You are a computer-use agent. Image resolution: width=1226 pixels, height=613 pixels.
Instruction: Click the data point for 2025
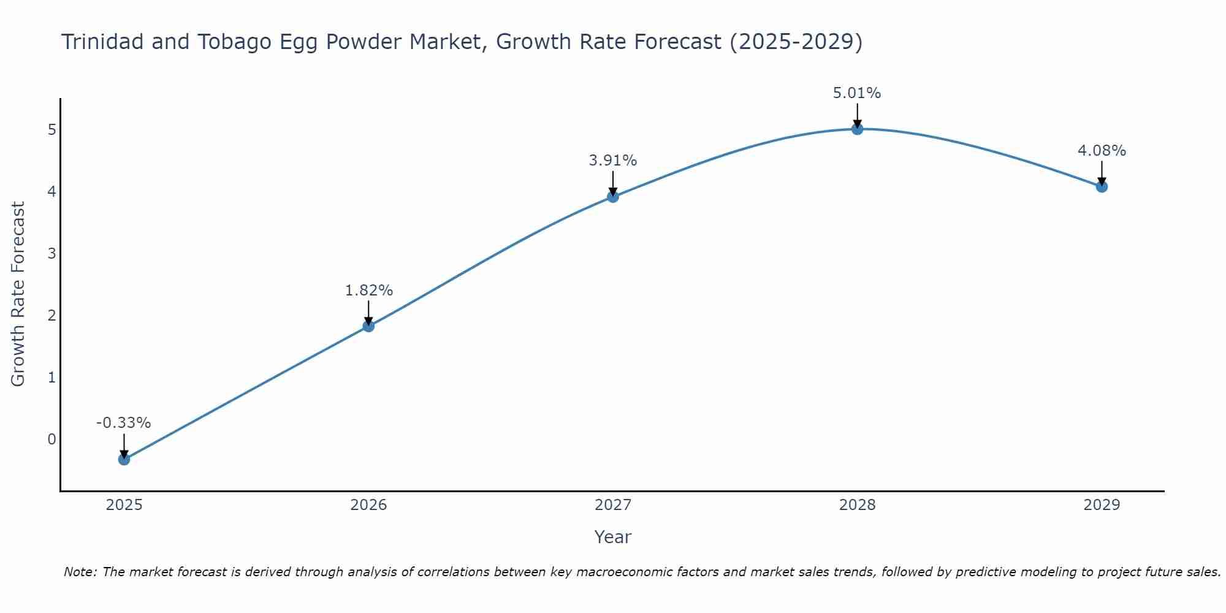coord(124,459)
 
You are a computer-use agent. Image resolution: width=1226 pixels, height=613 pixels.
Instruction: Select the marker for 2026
coord(368,326)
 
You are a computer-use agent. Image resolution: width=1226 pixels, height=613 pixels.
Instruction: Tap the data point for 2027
coord(613,197)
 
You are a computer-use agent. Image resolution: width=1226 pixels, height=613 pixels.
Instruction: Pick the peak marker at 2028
coord(858,129)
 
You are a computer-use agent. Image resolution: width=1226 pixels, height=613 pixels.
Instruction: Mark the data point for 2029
coord(1102,186)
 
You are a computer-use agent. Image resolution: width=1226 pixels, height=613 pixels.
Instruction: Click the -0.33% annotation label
coord(124,423)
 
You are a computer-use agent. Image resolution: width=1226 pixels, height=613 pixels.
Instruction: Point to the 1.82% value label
coord(368,291)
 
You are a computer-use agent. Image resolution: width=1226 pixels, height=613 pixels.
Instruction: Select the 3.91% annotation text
coord(613,161)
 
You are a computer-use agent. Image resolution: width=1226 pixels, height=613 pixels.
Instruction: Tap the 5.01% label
coord(857,93)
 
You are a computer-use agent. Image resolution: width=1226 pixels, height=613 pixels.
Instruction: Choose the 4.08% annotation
coord(1102,151)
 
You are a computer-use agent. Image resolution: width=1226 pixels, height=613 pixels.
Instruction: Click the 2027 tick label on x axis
coord(613,505)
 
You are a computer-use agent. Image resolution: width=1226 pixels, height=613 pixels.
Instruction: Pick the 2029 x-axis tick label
coord(1102,505)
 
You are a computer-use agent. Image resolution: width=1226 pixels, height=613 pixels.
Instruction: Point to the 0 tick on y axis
coord(51,439)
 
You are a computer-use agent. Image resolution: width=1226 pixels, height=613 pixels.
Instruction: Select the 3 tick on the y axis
coord(51,253)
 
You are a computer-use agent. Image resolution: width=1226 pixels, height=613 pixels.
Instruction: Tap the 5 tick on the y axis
coord(51,129)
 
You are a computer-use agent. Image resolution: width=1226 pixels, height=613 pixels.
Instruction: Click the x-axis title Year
coord(613,537)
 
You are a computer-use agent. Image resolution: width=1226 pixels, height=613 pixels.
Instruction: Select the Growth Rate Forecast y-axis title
coord(18,294)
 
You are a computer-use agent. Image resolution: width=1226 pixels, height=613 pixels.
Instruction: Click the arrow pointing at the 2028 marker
coord(858,115)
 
